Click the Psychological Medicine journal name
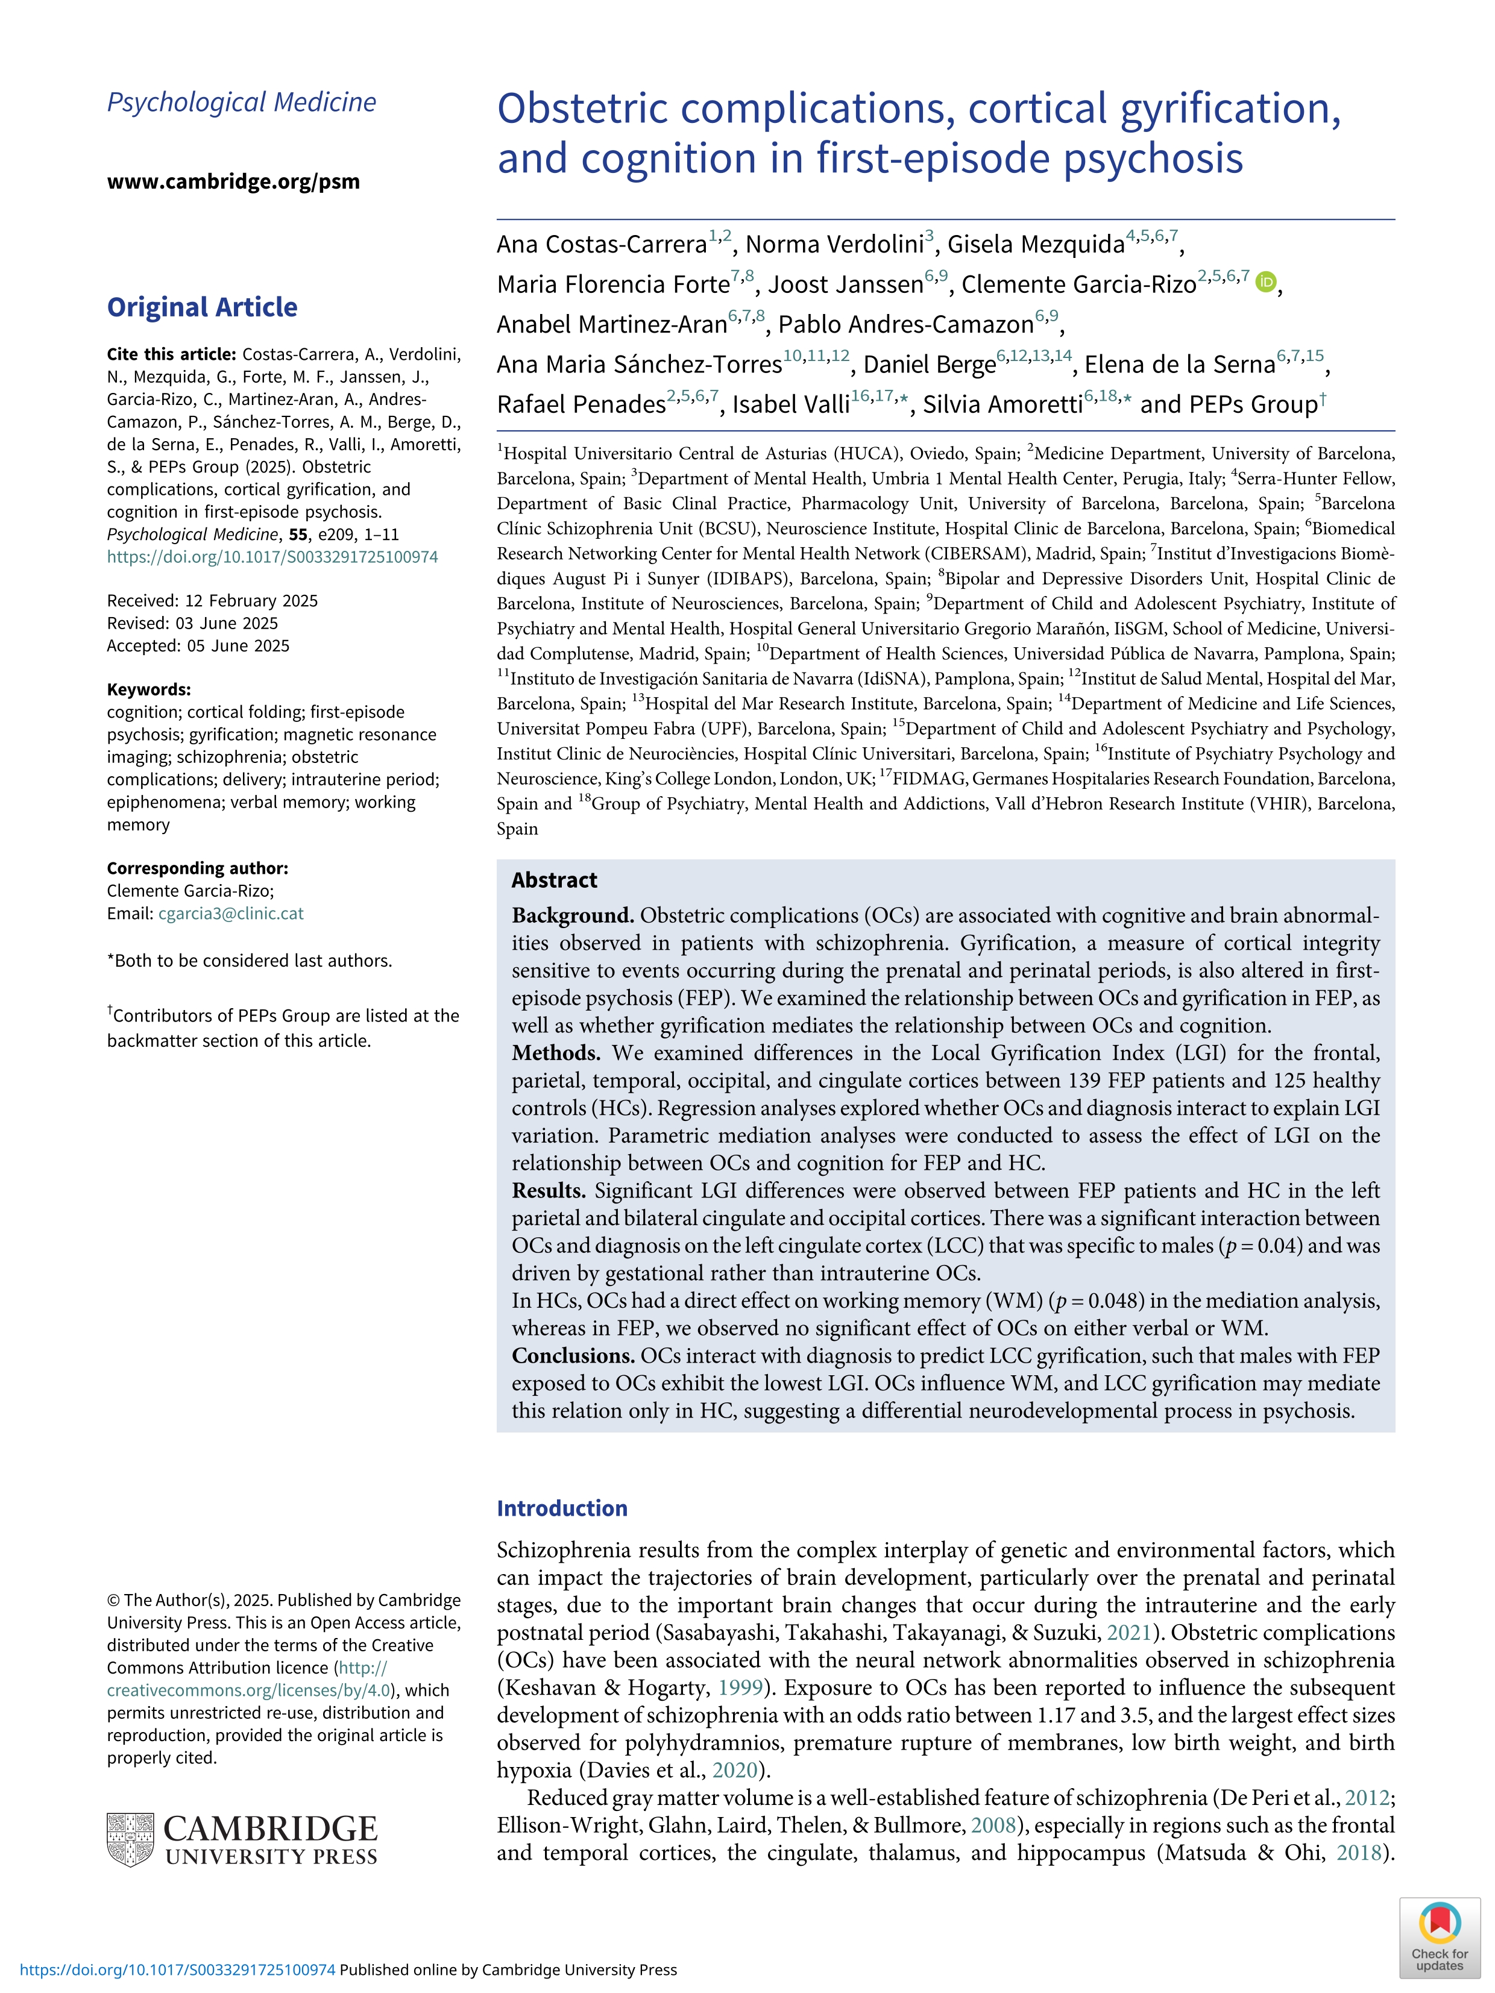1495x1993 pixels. click(x=242, y=102)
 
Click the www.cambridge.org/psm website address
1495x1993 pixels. click(x=233, y=181)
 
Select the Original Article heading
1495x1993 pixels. click(x=202, y=307)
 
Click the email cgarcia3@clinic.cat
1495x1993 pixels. click(x=231, y=914)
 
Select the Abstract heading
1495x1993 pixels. click(x=554, y=880)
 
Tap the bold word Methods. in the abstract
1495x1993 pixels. click(x=556, y=1053)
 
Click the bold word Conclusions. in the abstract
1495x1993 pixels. click(x=573, y=1356)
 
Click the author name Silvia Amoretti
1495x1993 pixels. click(x=1002, y=404)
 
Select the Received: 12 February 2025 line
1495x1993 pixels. click(x=212, y=601)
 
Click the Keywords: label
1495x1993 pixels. click(x=149, y=689)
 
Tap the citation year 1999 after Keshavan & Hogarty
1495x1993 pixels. click(x=741, y=1687)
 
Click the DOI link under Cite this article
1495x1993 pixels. click(x=272, y=557)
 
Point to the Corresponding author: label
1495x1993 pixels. click(x=197, y=868)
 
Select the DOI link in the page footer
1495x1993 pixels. click(x=177, y=1969)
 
